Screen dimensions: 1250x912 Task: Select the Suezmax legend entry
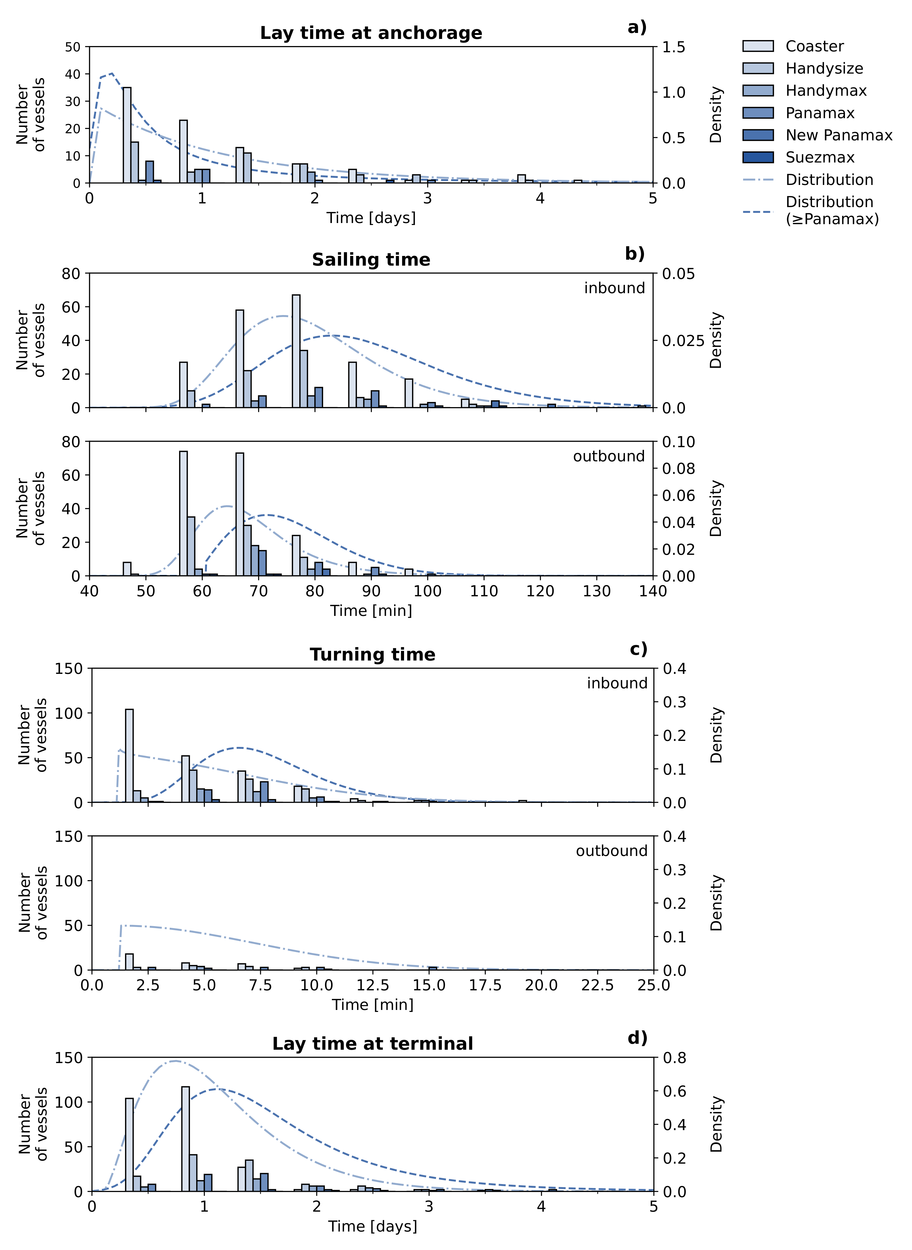(x=820, y=157)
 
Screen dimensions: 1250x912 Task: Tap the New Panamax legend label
(x=838, y=135)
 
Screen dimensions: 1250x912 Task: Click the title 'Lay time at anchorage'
(x=371, y=33)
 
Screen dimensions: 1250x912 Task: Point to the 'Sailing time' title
(x=371, y=260)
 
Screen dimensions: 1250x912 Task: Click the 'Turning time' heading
(x=373, y=655)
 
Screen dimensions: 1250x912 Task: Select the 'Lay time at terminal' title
(x=373, y=1044)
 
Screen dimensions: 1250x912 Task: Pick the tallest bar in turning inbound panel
(x=129, y=756)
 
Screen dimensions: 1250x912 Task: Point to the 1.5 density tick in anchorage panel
(x=673, y=47)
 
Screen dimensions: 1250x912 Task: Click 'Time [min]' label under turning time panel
(x=373, y=1004)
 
